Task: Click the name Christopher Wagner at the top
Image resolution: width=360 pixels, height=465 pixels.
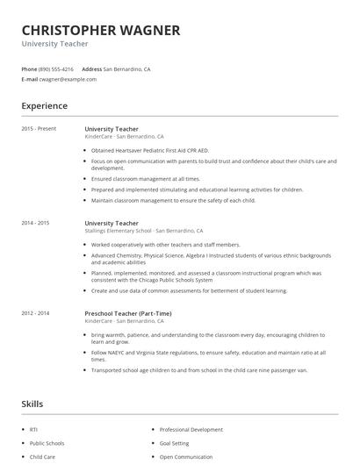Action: (101, 30)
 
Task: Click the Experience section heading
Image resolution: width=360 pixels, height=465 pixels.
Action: (45, 106)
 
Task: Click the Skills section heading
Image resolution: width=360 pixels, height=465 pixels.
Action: (32, 404)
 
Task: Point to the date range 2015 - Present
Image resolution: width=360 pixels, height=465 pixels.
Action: (39, 129)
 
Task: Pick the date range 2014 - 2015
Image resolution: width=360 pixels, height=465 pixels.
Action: (36, 223)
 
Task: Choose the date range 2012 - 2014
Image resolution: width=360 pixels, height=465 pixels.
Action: (36, 313)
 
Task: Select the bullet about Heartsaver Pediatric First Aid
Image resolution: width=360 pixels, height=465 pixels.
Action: (149, 150)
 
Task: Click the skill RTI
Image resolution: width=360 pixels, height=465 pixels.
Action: (33, 429)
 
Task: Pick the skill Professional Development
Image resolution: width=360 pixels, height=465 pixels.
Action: (191, 429)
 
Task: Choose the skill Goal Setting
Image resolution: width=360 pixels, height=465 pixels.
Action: (176, 443)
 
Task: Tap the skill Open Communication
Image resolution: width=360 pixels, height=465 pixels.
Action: (186, 456)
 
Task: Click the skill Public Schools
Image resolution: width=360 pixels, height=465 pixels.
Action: (47, 443)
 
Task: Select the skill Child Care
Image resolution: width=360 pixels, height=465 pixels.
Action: (42, 456)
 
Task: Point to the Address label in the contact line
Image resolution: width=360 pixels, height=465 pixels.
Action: (91, 68)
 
